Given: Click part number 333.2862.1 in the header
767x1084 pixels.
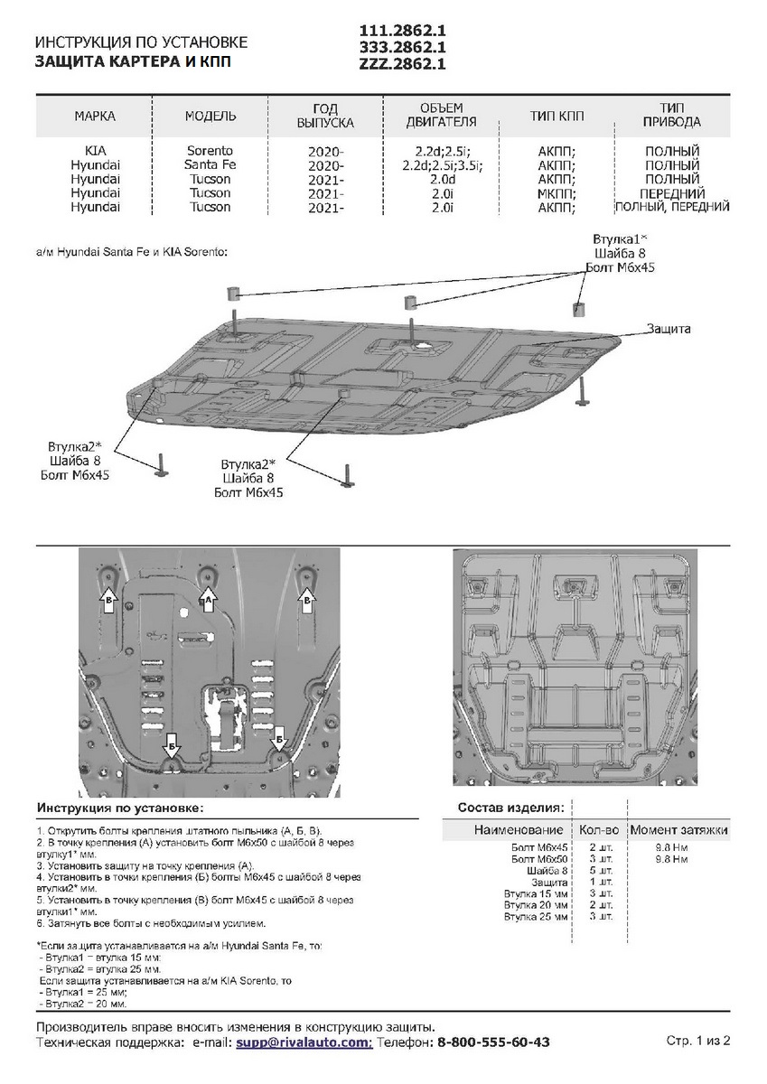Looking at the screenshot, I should [x=402, y=47].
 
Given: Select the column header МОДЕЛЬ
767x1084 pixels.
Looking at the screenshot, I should [x=210, y=117].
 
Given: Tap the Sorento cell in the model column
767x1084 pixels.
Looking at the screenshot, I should [x=210, y=150].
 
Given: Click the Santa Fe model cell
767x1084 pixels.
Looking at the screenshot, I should [x=210, y=165].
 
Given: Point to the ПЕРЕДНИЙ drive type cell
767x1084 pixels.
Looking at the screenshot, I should [x=672, y=193].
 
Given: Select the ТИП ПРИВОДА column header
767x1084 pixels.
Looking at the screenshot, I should [x=672, y=116].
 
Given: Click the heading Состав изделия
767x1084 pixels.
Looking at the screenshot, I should [x=511, y=807].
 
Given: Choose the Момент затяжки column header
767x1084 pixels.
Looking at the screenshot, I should [x=679, y=829].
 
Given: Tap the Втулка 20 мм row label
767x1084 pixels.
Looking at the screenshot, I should [x=537, y=904].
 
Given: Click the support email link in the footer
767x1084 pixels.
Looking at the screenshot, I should [x=304, y=1042].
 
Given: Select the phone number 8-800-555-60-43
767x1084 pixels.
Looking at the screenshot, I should [x=493, y=1042].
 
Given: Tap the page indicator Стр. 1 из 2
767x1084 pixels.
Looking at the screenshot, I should [x=698, y=1041].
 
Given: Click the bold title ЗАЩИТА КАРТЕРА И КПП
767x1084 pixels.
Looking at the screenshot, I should [x=140, y=61].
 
